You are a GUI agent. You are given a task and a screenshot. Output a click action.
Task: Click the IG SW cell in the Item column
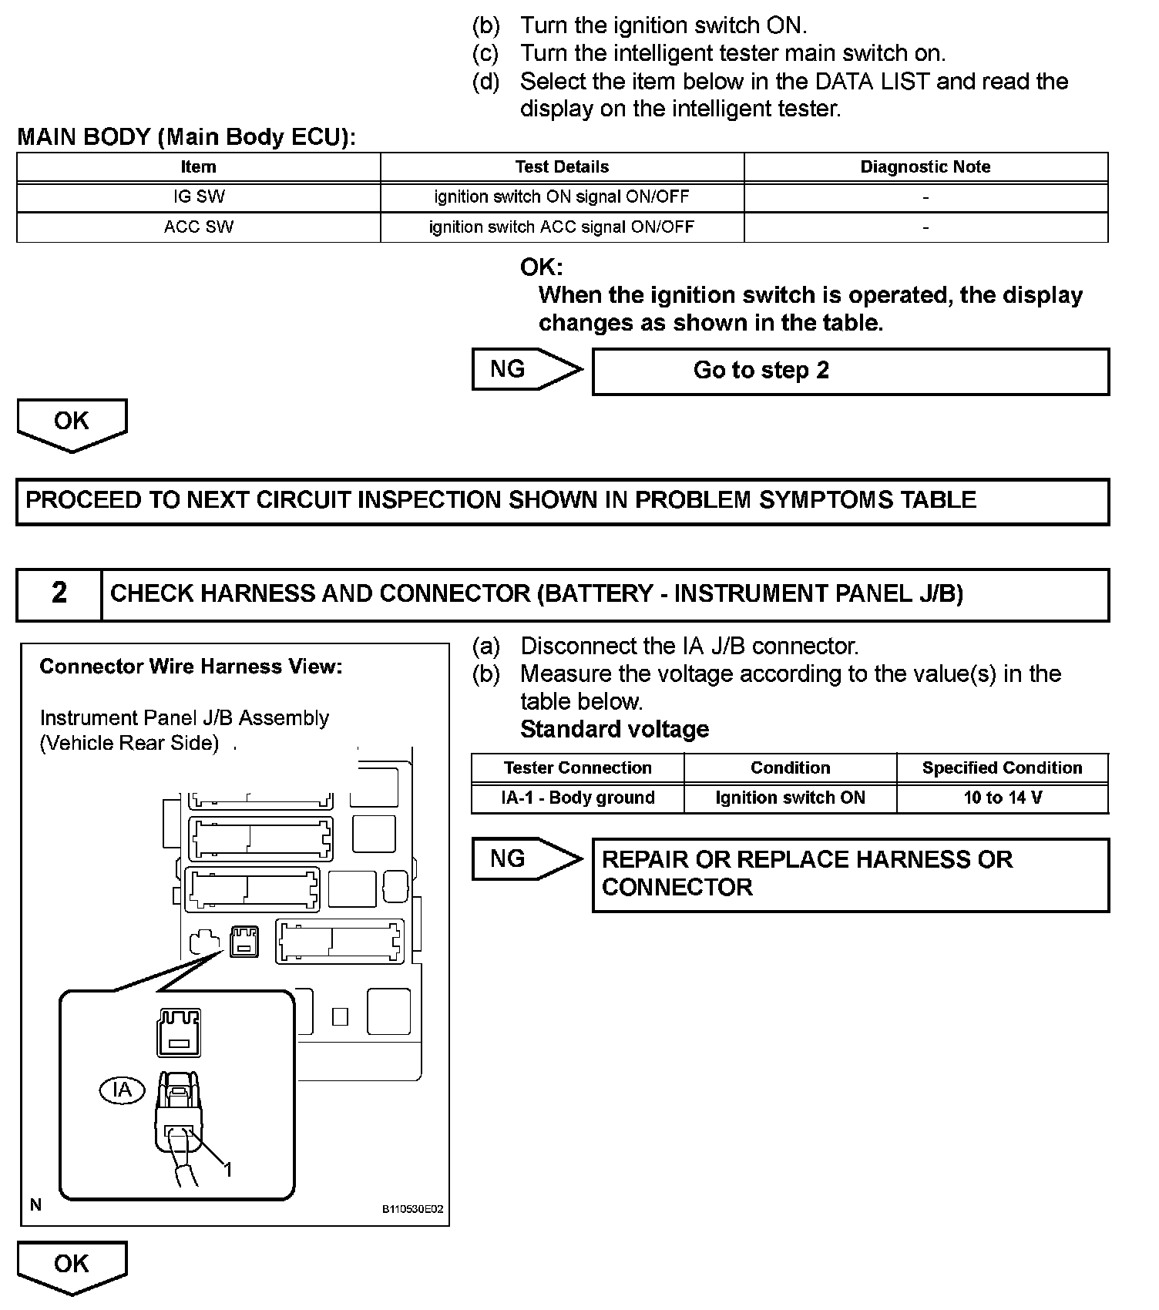click(199, 196)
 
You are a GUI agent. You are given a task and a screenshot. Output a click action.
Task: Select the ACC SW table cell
click(199, 227)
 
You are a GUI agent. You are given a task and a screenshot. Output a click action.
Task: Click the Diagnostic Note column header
click(926, 167)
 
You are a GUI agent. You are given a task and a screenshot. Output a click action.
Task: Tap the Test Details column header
click(562, 167)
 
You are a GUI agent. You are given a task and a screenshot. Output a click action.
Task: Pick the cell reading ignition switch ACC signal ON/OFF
click(562, 227)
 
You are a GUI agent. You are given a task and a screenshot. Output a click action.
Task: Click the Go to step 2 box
click(850, 371)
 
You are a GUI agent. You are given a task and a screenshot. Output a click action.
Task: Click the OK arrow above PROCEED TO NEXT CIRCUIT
click(72, 423)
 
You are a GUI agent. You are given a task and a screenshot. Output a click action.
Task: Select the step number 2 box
click(59, 593)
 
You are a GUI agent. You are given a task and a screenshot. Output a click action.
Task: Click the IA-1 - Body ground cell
click(578, 798)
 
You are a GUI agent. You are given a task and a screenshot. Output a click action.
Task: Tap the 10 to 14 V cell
click(1003, 798)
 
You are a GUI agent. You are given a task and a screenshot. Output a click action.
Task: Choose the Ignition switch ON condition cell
click(790, 798)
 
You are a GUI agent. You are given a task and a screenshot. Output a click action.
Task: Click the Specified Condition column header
click(1003, 768)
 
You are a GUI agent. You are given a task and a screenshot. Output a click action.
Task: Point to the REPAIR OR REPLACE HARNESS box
click(850, 875)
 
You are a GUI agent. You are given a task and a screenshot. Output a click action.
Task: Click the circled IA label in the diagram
click(122, 1090)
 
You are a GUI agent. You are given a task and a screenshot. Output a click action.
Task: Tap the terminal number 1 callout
click(228, 1170)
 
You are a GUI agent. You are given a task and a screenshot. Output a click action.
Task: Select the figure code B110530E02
click(413, 1210)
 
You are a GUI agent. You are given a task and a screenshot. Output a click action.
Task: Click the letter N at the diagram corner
click(35, 1205)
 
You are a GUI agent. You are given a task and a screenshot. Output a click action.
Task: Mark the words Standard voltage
click(614, 730)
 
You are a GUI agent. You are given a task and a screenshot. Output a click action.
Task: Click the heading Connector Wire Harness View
click(190, 667)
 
